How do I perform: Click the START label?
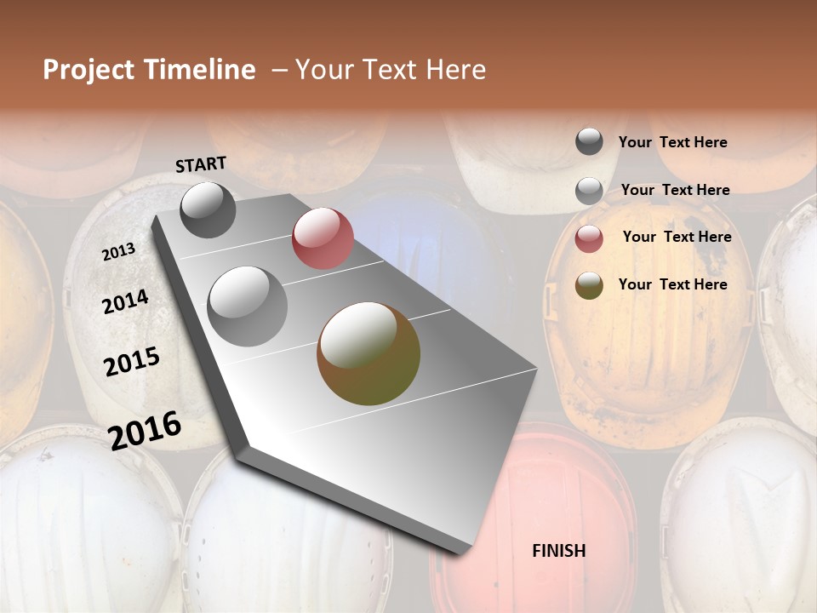tap(201, 164)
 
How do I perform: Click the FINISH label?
tap(558, 551)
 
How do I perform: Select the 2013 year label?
tap(118, 252)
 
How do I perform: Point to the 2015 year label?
tap(132, 361)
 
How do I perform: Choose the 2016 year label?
tap(146, 430)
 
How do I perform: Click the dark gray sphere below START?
tap(209, 209)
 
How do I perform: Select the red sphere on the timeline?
tap(323, 238)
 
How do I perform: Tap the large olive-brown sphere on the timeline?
tap(369, 353)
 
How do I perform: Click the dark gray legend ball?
tap(589, 141)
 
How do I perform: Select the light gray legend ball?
tap(589, 191)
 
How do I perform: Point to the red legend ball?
tap(589, 238)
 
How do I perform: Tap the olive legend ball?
tap(589, 285)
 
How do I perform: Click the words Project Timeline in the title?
tap(149, 70)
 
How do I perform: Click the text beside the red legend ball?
tap(677, 237)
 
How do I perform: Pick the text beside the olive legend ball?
tap(672, 284)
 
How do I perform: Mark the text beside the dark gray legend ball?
tap(672, 142)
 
